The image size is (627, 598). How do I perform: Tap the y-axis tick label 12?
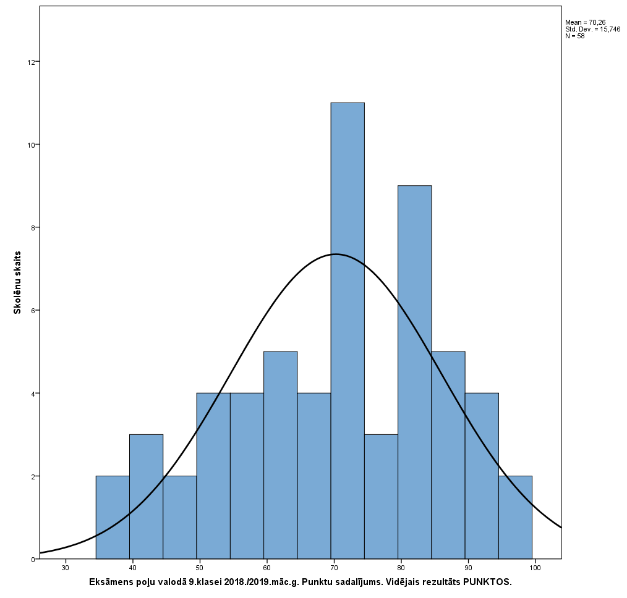31,62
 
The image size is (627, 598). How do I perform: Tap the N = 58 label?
575,36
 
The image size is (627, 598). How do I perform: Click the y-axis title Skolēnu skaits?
18,282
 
